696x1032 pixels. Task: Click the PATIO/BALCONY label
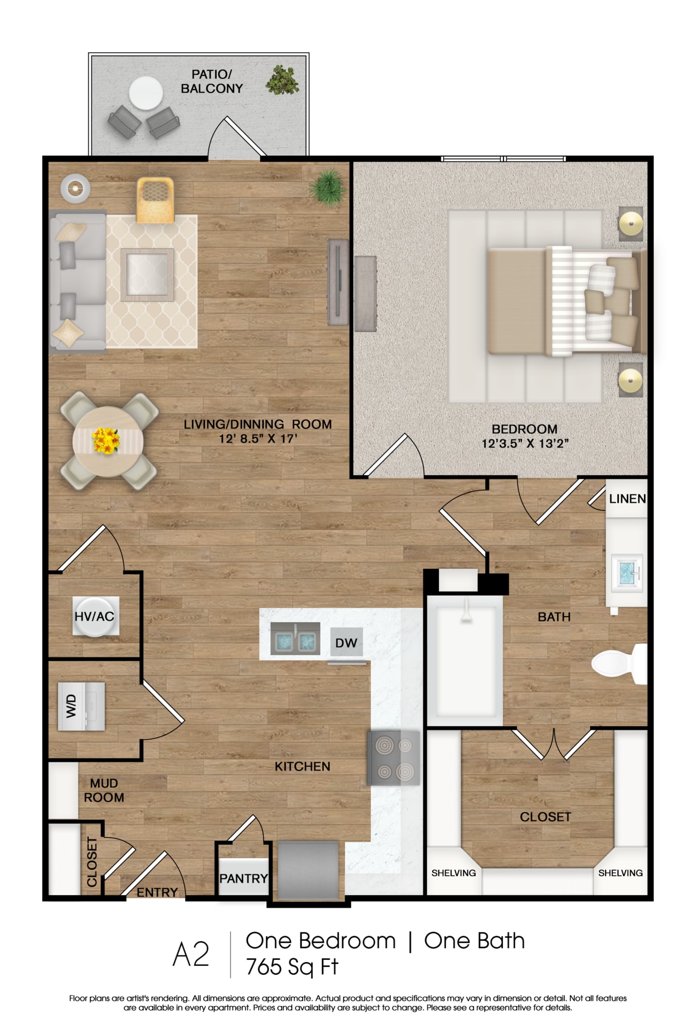212,82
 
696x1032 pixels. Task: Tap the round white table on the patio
146,93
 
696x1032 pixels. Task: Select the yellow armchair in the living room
155,200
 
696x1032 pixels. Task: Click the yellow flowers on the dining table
106,441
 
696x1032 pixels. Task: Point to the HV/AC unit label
94,616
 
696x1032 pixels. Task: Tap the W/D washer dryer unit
81,706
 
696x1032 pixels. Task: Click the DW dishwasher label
346,643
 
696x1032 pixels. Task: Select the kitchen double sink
295,638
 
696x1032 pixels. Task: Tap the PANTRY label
244,878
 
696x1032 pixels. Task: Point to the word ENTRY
157,892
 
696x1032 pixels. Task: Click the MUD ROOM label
104,790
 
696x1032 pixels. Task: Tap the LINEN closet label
627,498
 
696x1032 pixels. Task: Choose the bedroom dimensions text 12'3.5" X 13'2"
525,443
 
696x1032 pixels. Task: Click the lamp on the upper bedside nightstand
630,223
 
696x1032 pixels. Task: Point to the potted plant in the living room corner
327,188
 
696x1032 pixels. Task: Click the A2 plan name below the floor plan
191,954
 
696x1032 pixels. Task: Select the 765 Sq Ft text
292,967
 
